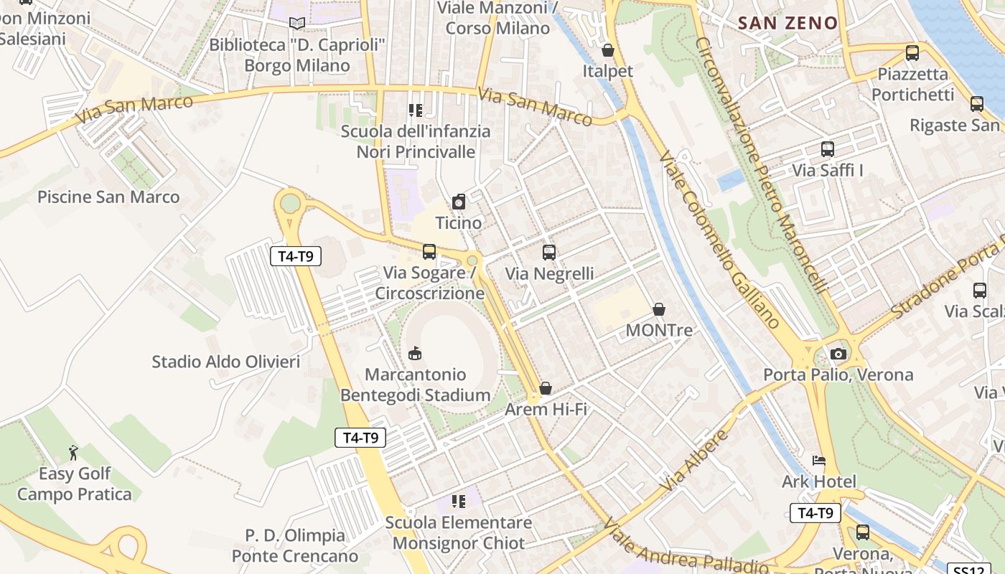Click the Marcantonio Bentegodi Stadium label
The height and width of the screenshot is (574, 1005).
(x=415, y=385)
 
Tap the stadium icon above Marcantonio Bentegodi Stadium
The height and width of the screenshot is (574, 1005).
(x=415, y=353)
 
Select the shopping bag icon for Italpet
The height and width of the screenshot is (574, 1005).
(x=608, y=50)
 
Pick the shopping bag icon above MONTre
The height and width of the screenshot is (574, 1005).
(x=659, y=309)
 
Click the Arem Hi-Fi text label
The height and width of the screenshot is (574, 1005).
(x=546, y=409)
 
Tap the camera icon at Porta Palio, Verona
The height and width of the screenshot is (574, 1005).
(x=838, y=354)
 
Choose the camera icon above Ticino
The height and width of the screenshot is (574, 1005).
(x=459, y=202)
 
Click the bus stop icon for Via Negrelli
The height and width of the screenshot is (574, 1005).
(x=549, y=252)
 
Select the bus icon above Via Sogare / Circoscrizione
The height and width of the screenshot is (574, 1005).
(x=429, y=251)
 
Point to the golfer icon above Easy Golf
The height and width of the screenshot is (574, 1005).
(x=73, y=453)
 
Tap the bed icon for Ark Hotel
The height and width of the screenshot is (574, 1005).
(x=819, y=460)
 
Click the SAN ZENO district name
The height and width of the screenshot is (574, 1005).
(x=787, y=23)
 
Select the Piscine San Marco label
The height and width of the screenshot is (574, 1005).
(x=108, y=197)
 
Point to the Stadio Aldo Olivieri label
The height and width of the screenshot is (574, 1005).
(x=225, y=362)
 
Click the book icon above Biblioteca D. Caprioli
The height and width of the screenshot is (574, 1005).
(x=297, y=24)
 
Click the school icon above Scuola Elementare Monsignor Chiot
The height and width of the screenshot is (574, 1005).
(x=459, y=501)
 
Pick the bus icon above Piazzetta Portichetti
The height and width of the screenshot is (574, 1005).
(x=912, y=52)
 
